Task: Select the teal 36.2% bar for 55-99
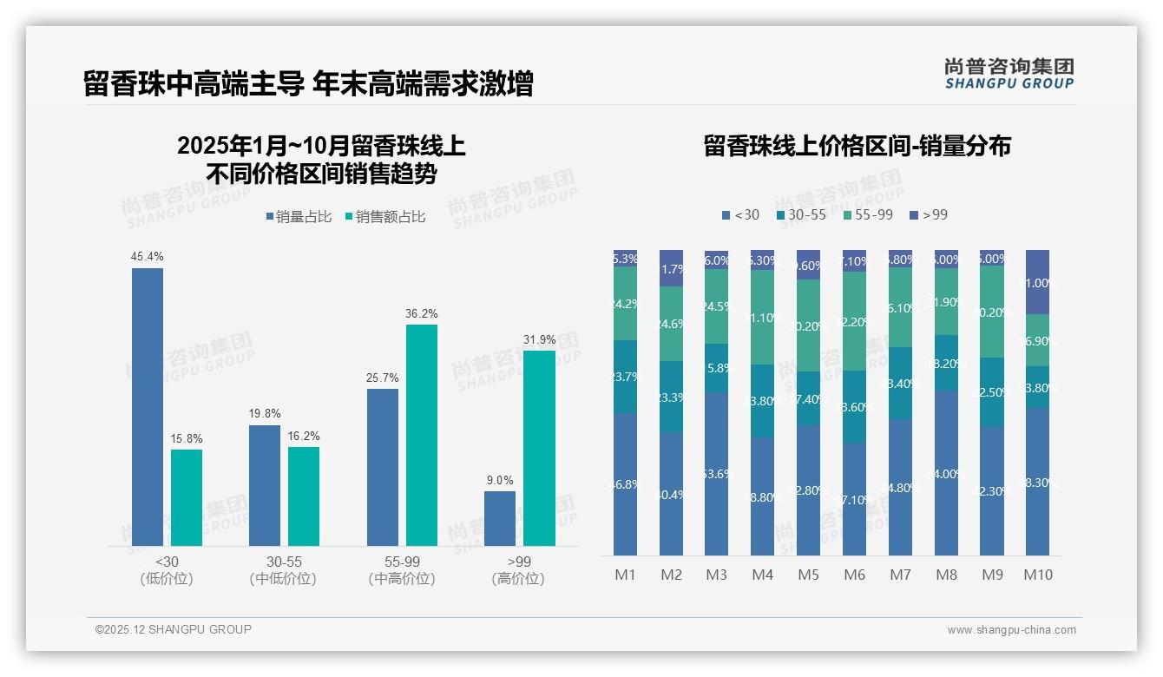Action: (x=422, y=435)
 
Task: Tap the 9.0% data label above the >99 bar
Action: (x=499, y=480)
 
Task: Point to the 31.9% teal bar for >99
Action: (x=539, y=448)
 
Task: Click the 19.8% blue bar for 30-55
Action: (x=265, y=485)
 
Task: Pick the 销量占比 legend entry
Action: (x=299, y=217)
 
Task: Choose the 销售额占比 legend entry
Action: (x=385, y=217)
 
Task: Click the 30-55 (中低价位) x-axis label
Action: (x=282, y=570)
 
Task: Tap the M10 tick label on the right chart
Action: (x=1037, y=575)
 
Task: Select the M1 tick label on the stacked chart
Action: (x=625, y=575)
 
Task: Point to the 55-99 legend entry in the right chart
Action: (x=867, y=214)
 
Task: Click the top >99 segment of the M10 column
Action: (x=1037, y=282)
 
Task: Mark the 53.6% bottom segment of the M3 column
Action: (x=716, y=473)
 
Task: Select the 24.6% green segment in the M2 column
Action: (x=671, y=324)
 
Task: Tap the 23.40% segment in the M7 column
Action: (x=900, y=384)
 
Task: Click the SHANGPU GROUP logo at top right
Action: (x=1009, y=73)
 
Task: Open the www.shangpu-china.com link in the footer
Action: (x=1011, y=630)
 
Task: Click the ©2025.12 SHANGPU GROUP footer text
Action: (x=174, y=629)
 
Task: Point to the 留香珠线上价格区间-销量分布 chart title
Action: (x=857, y=146)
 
